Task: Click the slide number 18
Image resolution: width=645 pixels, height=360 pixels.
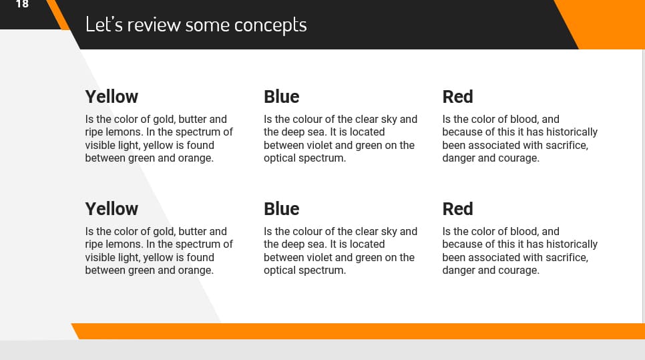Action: (x=22, y=5)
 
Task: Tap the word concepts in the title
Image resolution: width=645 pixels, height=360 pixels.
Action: (x=270, y=25)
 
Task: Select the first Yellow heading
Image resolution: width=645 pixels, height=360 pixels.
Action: (x=112, y=97)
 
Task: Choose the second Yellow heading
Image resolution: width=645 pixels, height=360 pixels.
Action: (x=112, y=209)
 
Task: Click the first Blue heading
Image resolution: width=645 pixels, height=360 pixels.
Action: (x=281, y=97)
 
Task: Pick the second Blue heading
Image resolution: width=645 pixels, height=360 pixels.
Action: (x=281, y=209)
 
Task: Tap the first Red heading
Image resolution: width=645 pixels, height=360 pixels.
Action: (x=457, y=97)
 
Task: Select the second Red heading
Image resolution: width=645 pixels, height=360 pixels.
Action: (x=457, y=209)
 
